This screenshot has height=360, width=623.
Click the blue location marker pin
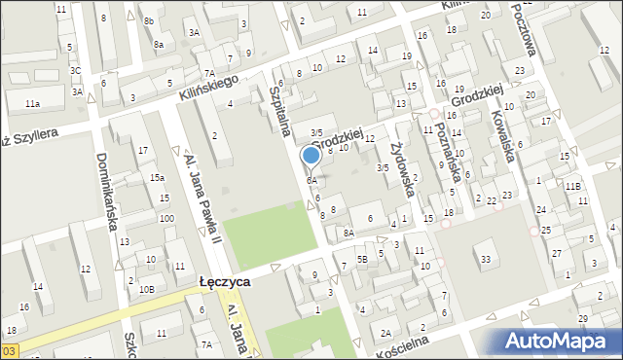pyautogui.click(x=311, y=156)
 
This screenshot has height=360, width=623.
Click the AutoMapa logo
pyautogui.click(x=556, y=341)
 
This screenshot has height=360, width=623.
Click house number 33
pyautogui.click(x=485, y=259)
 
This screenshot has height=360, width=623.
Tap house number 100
pyautogui.click(x=166, y=218)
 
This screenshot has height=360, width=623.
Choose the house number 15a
pyautogui.click(x=156, y=178)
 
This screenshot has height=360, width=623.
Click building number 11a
pyautogui.click(x=33, y=103)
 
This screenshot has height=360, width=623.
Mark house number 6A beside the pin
pyautogui.click(x=311, y=181)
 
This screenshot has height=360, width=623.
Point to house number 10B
pyautogui.click(x=146, y=290)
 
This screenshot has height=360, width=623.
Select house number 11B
pyautogui.click(x=574, y=186)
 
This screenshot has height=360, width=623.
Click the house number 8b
pyautogui.click(x=149, y=20)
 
